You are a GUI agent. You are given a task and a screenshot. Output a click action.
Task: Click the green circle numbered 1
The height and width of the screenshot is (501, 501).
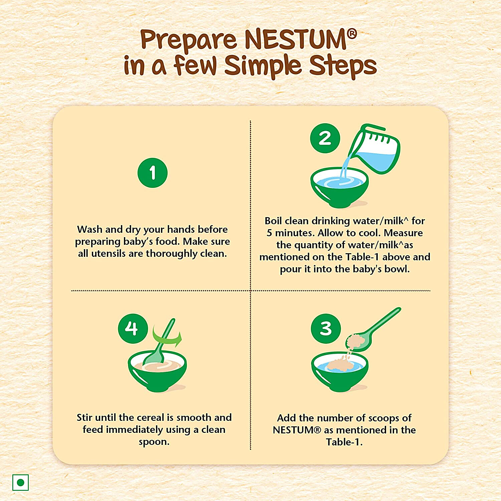(x=153, y=173)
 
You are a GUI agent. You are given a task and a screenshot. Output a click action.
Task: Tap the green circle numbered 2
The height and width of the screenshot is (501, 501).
(x=325, y=138)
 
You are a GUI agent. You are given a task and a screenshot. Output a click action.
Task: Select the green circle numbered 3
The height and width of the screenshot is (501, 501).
(x=326, y=328)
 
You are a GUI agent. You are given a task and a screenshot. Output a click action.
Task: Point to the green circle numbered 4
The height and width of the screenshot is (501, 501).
(x=133, y=328)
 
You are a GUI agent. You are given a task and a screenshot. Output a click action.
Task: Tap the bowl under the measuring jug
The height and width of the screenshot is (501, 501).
(x=339, y=187)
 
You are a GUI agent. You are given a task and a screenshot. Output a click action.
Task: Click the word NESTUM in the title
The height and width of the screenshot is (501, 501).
(x=296, y=40)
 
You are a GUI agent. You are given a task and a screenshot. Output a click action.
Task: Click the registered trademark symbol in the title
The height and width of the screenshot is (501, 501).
(x=352, y=33)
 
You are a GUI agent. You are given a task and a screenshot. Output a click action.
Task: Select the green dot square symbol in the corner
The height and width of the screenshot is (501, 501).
(x=20, y=482)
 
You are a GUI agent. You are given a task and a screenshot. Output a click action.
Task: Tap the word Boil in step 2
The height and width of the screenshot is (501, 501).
(x=273, y=221)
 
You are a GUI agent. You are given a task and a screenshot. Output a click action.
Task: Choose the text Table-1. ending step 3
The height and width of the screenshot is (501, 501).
(x=344, y=442)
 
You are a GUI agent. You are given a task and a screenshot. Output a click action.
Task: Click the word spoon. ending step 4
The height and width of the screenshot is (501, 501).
(x=154, y=442)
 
